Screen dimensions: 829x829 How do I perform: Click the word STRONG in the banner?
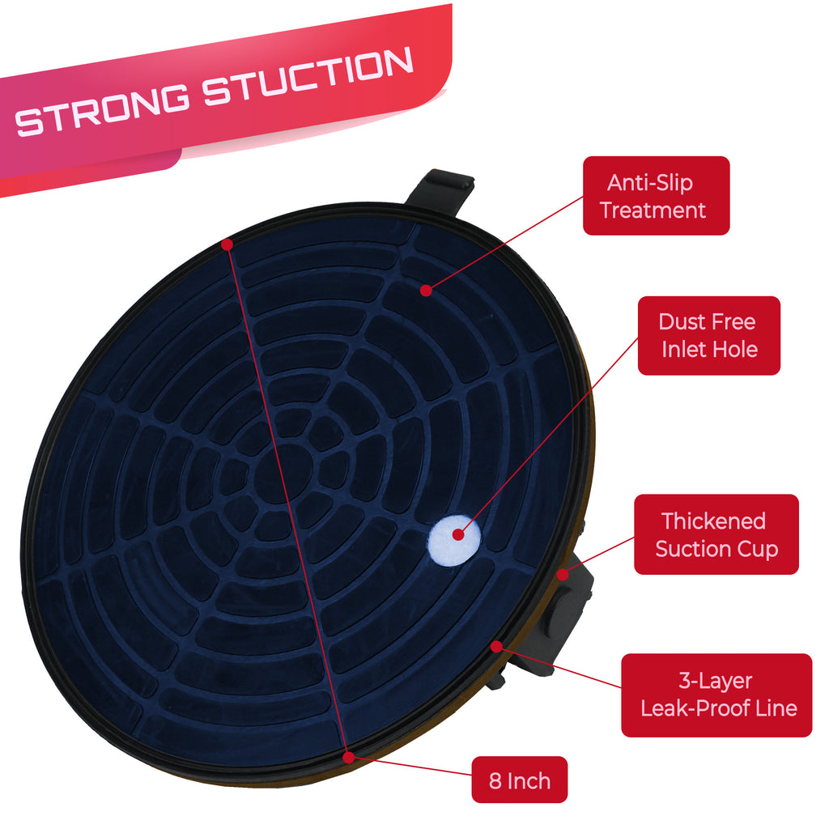tap(104, 109)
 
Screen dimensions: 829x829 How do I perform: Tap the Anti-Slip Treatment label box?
tap(656, 196)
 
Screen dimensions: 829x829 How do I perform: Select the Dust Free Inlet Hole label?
tap(708, 335)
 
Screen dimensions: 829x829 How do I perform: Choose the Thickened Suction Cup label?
tap(716, 534)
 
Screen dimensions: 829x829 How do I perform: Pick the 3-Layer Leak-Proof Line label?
tap(716, 695)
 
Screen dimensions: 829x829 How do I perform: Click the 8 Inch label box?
tap(519, 780)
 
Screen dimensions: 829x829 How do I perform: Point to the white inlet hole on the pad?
tap(454, 535)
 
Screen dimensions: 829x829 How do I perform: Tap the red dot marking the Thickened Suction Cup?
tap(562, 575)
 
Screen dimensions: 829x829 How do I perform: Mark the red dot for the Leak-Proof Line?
tap(495, 645)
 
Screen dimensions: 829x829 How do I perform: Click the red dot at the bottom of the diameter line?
tap(349, 756)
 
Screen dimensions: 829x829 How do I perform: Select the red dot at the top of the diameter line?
tap(227, 243)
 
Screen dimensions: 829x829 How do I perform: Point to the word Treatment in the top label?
tap(653, 210)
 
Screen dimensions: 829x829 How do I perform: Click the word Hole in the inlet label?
tap(735, 350)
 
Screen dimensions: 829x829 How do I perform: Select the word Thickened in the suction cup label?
tap(713, 521)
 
